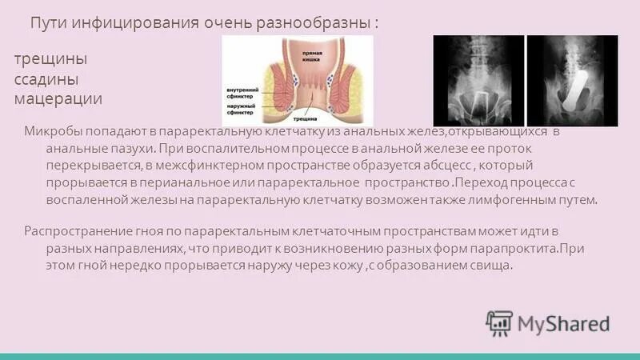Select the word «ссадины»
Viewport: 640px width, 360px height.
[48, 79]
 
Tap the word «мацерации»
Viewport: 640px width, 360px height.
[58, 98]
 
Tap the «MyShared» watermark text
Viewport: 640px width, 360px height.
[563, 323]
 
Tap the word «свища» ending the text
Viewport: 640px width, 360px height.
[490, 266]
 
